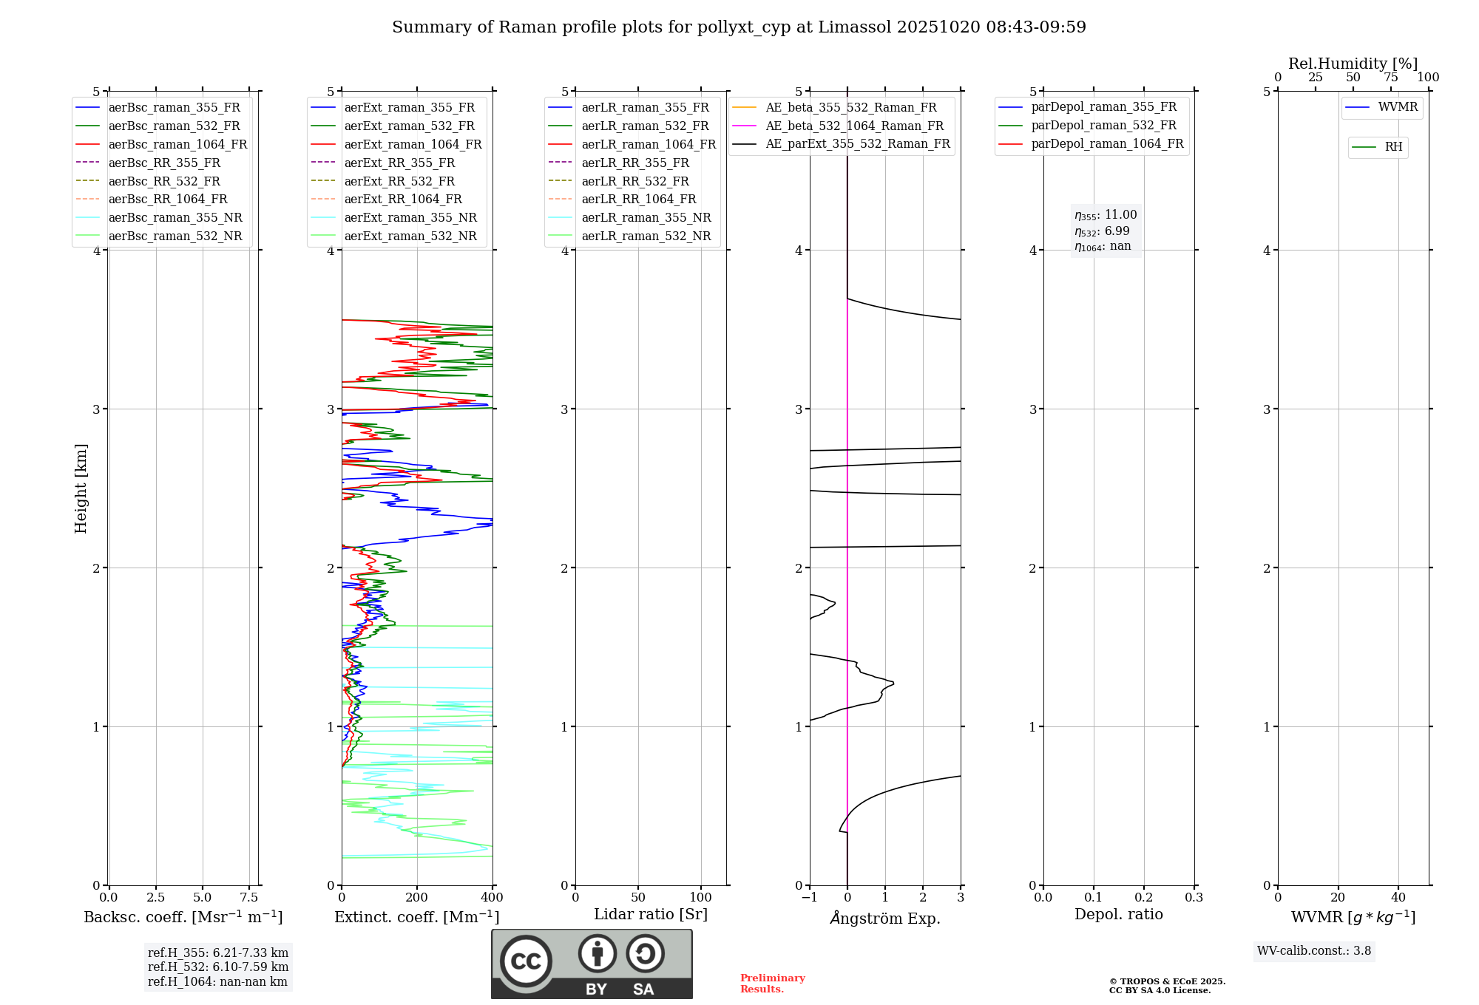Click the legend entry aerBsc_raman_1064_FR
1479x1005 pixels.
(x=177, y=144)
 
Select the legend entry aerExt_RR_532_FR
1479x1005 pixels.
(x=399, y=181)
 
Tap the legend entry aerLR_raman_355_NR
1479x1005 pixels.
(x=646, y=217)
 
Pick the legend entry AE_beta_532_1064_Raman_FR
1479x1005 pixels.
(x=854, y=126)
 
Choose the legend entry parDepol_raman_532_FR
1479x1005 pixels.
(x=1103, y=126)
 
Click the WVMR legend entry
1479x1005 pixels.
(x=1398, y=107)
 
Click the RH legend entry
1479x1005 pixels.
(x=1393, y=147)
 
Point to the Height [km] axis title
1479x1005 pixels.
(x=81, y=488)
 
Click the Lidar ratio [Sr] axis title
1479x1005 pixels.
(x=651, y=914)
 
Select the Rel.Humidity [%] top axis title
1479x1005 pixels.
(x=1353, y=64)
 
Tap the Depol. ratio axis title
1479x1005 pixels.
(x=1118, y=914)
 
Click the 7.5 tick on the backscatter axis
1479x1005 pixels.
(x=249, y=897)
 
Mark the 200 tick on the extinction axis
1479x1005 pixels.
(x=417, y=897)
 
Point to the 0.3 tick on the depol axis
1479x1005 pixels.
(x=1194, y=897)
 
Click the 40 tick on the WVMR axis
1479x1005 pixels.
(x=1398, y=897)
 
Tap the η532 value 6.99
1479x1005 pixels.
(x=1117, y=231)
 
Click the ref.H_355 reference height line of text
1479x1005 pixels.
(x=218, y=953)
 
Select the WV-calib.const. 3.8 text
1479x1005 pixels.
(x=1314, y=951)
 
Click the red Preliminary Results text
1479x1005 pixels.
(x=772, y=984)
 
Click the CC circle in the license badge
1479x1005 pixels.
(x=526, y=961)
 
